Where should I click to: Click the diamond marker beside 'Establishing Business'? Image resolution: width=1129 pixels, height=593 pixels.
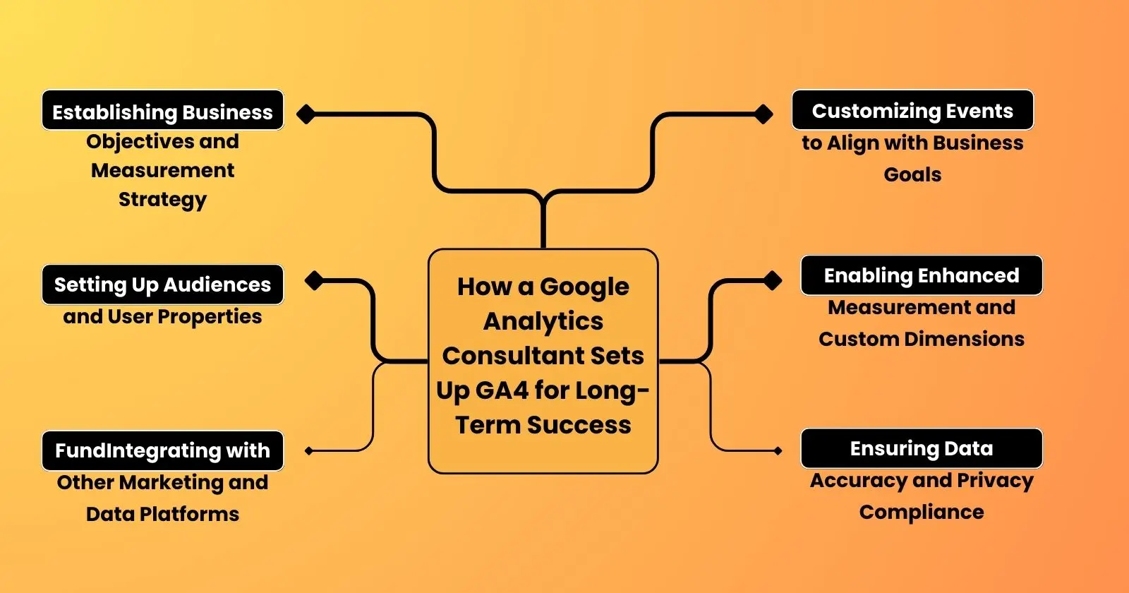click(x=306, y=114)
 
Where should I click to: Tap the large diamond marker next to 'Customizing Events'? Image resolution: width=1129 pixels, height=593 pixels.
click(x=763, y=114)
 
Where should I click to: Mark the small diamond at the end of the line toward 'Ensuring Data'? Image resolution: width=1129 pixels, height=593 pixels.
click(x=778, y=451)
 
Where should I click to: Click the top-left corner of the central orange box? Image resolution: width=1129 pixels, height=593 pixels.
click(x=428, y=249)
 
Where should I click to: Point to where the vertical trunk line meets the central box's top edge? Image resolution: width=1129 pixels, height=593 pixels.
click(x=543, y=248)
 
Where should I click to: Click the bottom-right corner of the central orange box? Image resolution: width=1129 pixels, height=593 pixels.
click(x=658, y=473)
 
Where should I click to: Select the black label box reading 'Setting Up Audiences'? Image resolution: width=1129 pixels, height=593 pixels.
click(x=162, y=284)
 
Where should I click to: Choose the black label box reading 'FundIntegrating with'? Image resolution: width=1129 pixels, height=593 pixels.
click(x=162, y=450)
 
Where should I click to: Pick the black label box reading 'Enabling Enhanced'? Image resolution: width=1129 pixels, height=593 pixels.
click(x=922, y=275)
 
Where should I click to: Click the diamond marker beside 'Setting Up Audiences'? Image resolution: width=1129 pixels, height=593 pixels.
click(x=314, y=280)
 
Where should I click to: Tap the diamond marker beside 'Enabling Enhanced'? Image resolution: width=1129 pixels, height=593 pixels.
click(x=773, y=280)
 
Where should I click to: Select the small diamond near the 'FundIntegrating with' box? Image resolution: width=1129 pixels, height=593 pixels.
click(x=309, y=451)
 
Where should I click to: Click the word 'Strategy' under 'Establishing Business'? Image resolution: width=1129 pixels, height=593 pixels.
click(x=162, y=200)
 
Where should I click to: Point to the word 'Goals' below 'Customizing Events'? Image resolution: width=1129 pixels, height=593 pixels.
click(x=912, y=174)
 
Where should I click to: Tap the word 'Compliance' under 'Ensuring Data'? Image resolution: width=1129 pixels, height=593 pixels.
click(x=922, y=513)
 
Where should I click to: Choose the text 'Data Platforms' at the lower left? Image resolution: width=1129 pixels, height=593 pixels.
click(x=162, y=514)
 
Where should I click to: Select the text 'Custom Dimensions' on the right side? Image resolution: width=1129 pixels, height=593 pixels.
click(x=922, y=339)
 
